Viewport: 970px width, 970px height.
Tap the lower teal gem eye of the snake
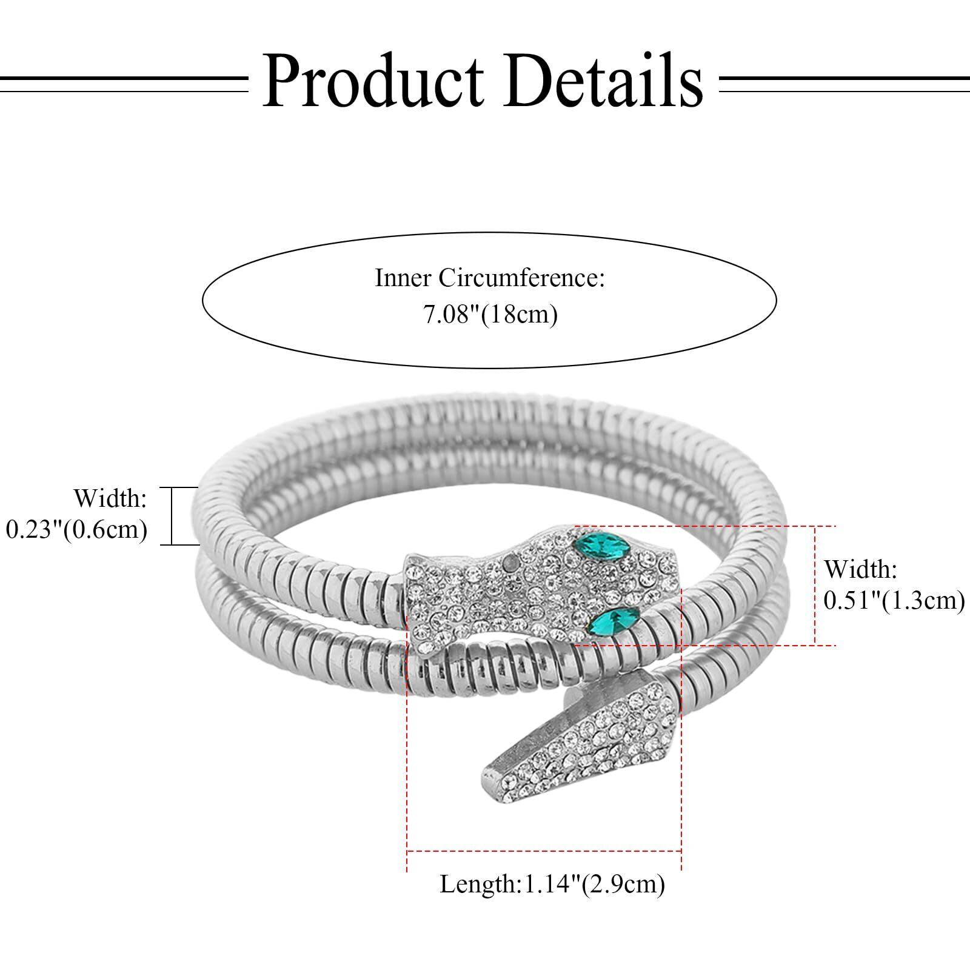tap(617, 620)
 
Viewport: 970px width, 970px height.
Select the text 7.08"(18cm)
tap(490, 315)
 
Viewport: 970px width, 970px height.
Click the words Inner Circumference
tap(490, 278)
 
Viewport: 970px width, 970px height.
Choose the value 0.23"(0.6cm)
tap(76, 529)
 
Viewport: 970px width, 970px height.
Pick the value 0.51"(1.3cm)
tap(894, 600)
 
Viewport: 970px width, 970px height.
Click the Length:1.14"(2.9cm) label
tap(552, 884)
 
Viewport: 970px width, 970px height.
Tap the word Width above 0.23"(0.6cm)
tap(110, 499)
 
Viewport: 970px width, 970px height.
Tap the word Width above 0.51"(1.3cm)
tap(860, 569)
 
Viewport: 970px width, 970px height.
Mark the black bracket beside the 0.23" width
tap(172, 516)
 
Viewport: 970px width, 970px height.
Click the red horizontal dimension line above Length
tap(544, 851)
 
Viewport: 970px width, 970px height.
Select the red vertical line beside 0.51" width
tap(815, 585)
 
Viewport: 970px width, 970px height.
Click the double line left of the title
tap(124, 83)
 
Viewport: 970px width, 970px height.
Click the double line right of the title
tap(844, 83)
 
